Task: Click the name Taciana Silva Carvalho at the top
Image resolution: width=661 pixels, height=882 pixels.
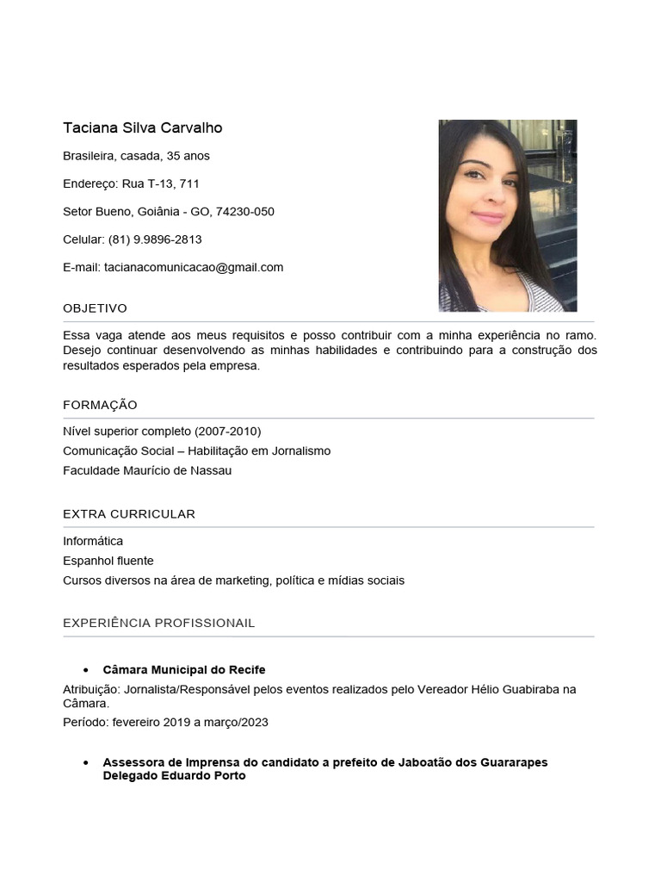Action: [x=142, y=128]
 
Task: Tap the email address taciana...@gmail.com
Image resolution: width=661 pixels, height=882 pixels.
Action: [x=194, y=267]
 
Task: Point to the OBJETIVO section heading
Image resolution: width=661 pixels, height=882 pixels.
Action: [x=95, y=308]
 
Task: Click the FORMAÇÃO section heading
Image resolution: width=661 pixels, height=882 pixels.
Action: [x=100, y=405]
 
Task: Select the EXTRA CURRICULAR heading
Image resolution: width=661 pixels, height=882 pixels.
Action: [x=129, y=514]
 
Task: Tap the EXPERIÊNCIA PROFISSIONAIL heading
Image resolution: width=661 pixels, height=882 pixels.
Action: [x=158, y=623]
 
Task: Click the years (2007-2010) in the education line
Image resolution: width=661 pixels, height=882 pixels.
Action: [x=228, y=431]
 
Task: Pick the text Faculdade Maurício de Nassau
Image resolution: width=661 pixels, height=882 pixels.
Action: [x=147, y=470]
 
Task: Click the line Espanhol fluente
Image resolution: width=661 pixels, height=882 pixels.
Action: [x=108, y=561]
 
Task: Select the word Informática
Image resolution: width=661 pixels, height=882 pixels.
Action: [x=93, y=541]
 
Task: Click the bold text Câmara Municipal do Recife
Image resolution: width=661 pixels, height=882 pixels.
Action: [x=184, y=669]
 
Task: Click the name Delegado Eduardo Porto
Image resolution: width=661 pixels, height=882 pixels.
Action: [x=174, y=775]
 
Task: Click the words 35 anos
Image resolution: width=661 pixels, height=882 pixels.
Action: [x=188, y=156]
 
